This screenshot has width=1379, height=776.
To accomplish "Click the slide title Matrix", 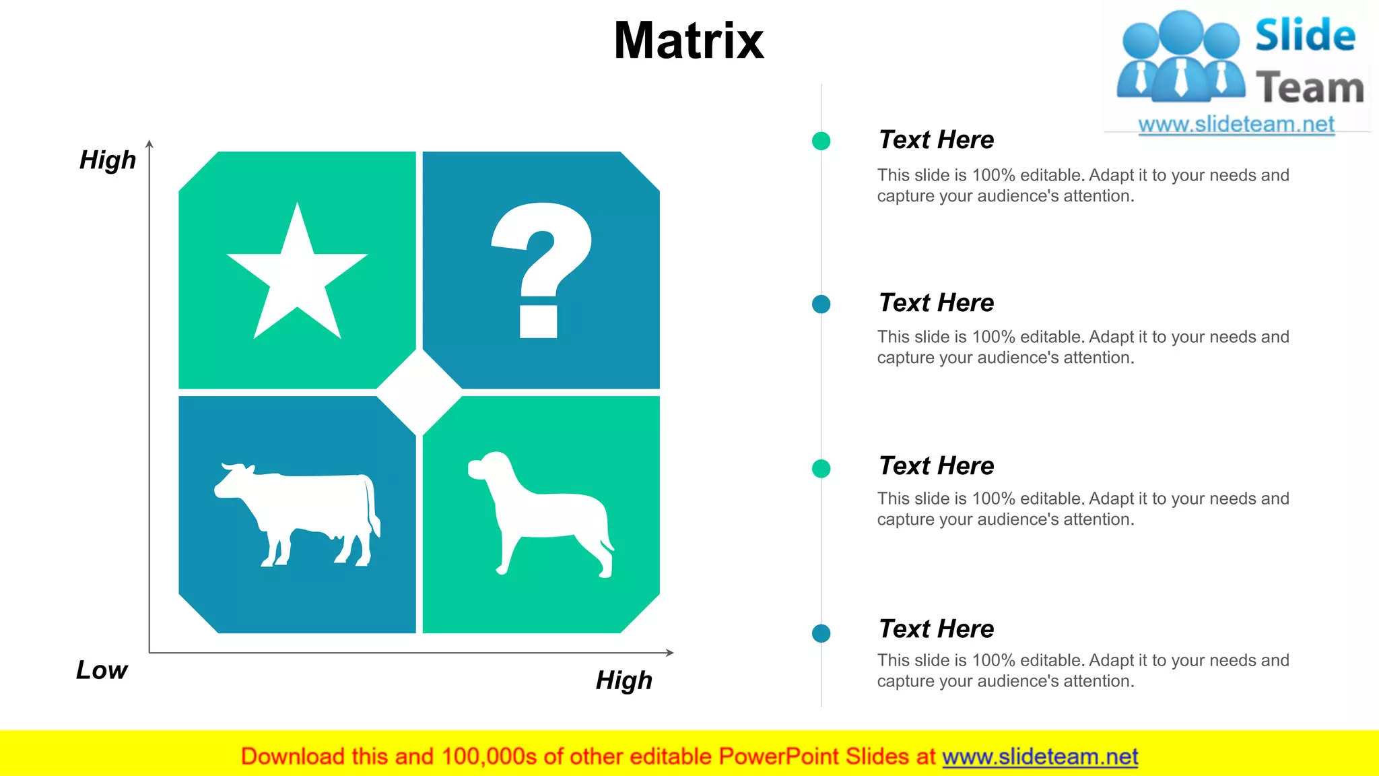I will (689, 40).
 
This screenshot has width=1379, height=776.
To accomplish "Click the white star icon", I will (297, 276).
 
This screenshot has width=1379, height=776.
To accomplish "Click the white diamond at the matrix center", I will (419, 392).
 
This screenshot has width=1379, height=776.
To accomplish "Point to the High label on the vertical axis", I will (108, 160).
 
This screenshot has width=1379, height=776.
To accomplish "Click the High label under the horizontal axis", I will (624, 680).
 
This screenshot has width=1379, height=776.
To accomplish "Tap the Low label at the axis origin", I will (102, 670).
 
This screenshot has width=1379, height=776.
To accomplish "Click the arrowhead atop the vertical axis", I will (149, 143).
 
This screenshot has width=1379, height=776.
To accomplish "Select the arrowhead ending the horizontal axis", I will (669, 652).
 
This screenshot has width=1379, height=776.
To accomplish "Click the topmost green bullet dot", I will (821, 141).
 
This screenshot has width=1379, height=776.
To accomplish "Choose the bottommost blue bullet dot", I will (821, 633).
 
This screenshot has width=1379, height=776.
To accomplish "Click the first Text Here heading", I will (936, 140).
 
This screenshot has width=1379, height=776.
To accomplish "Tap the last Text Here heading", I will (936, 629).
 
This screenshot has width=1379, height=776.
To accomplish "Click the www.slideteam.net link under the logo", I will (1236, 125).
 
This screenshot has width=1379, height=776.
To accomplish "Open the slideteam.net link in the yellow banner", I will (1040, 757).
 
